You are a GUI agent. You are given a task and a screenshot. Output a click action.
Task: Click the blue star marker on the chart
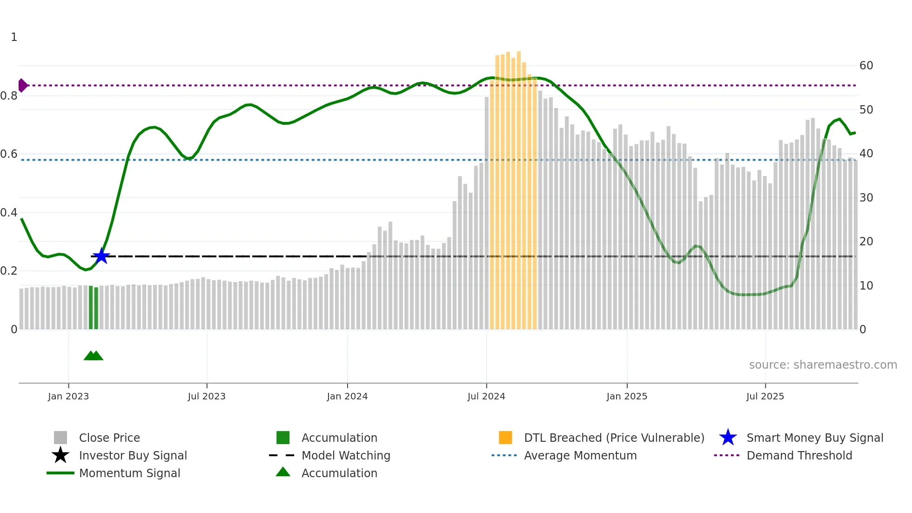(101, 256)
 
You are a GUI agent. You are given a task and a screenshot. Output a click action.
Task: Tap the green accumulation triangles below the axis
(94, 356)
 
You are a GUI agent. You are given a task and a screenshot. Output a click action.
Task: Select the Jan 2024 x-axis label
(347, 396)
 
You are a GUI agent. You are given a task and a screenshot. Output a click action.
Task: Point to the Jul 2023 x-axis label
(207, 396)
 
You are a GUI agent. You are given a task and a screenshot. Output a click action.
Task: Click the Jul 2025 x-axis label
(765, 396)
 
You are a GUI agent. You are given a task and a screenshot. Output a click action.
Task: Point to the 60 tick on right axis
(866, 66)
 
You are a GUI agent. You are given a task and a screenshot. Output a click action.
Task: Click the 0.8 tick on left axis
(9, 96)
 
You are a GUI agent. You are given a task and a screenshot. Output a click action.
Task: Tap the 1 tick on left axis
(14, 37)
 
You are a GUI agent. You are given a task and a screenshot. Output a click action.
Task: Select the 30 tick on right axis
(866, 198)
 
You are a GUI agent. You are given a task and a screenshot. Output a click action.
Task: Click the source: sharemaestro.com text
(823, 365)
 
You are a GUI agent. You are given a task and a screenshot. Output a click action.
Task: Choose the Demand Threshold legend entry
(799, 455)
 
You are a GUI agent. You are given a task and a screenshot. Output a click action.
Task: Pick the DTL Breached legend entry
(614, 438)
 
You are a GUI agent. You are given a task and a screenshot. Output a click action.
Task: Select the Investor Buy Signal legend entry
(133, 455)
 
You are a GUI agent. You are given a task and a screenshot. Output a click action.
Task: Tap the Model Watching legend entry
(345, 455)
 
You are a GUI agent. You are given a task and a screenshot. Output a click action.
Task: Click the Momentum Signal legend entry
(129, 473)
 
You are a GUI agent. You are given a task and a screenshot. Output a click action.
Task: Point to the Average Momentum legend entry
(580, 455)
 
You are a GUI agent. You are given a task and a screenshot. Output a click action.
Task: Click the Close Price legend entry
(109, 438)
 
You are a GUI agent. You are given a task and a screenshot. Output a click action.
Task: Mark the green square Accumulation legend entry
(339, 438)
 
